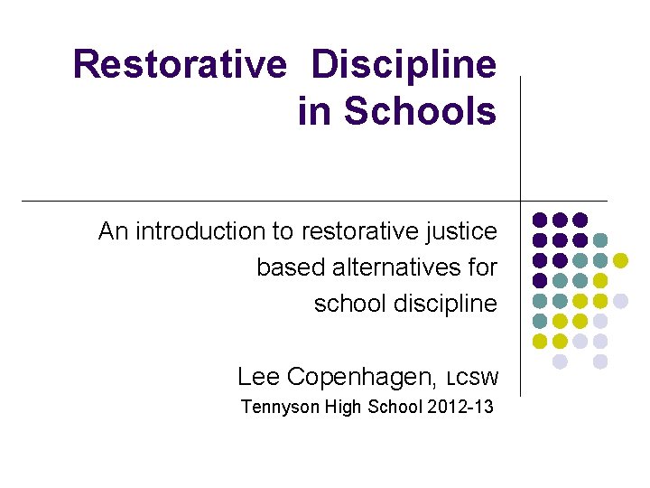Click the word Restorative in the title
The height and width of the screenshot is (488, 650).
tap(179, 65)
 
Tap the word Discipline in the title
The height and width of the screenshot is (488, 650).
tap(404, 65)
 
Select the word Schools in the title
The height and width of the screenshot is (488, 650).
tap(421, 111)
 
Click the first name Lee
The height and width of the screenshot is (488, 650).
tap(256, 376)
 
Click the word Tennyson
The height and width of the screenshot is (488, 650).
tap(278, 407)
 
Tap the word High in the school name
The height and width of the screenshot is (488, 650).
tap(342, 407)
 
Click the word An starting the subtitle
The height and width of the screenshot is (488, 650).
tap(113, 231)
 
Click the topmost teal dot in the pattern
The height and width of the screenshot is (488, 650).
tap(600, 239)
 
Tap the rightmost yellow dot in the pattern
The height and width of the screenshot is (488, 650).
tap(620, 260)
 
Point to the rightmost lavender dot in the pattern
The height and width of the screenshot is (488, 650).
tap(620, 300)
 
